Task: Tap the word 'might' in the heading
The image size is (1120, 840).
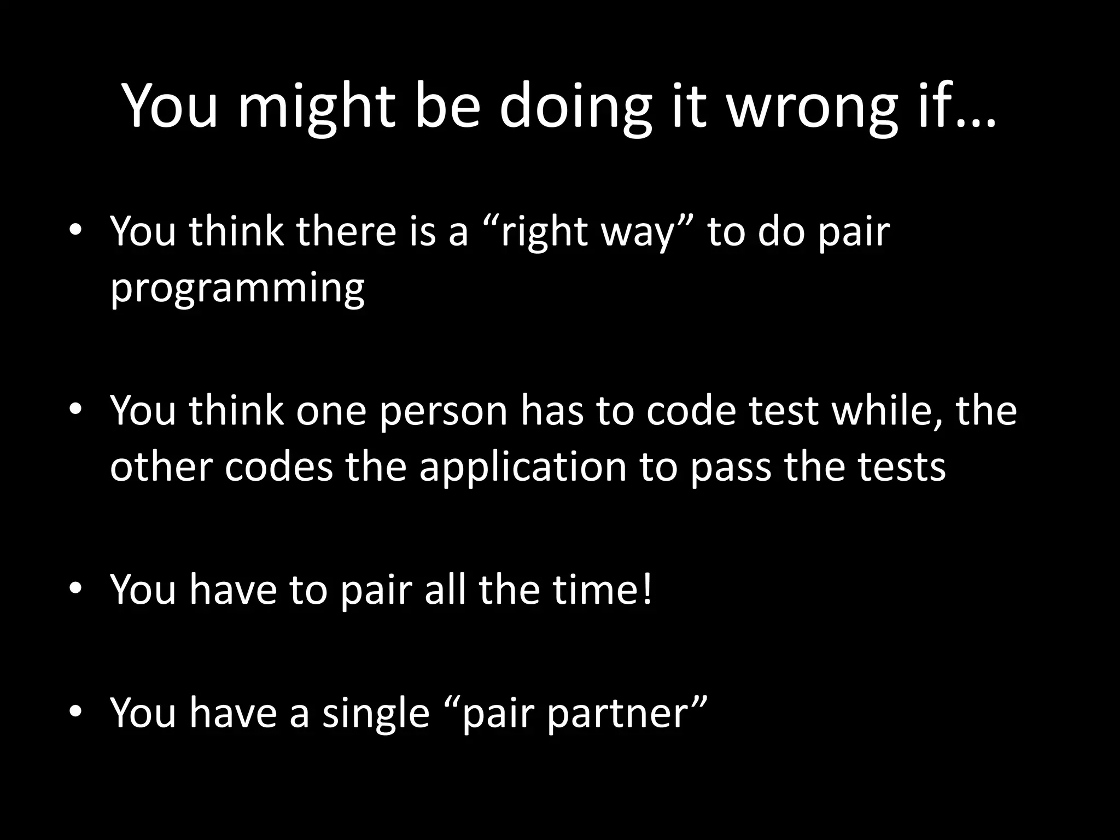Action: coord(317,107)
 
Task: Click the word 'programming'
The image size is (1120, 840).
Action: coord(237,289)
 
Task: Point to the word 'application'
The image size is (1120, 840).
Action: coord(523,468)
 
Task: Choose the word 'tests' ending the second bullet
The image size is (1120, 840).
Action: coord(901,468)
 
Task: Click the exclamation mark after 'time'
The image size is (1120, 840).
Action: coord(647,590)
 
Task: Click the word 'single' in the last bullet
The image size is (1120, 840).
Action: coord(376,714)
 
